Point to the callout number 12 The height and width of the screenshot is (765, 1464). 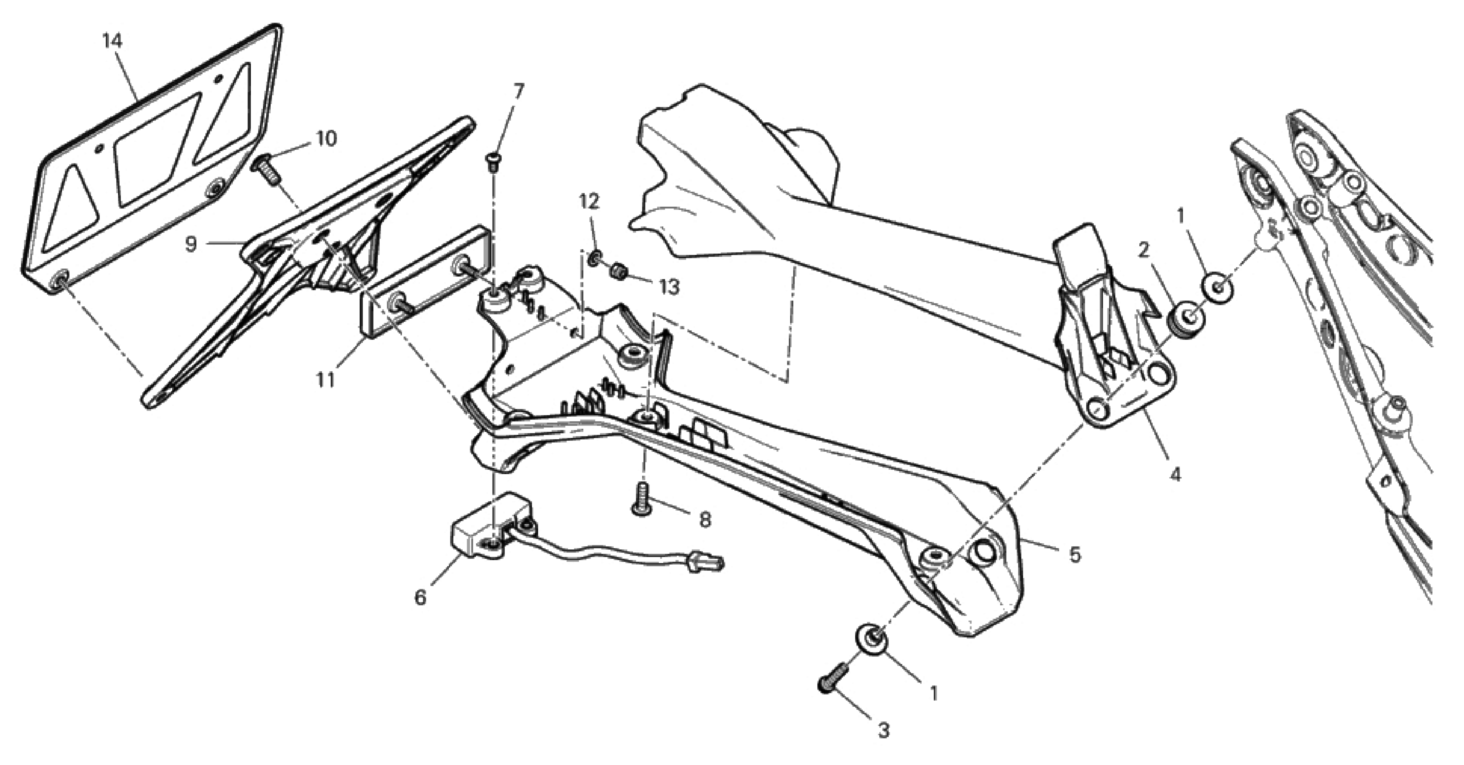point(589,201)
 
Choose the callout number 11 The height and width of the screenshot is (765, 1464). point(326,380)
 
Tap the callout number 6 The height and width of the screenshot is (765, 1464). point(420,597)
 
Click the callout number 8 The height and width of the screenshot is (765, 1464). point(705,520)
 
